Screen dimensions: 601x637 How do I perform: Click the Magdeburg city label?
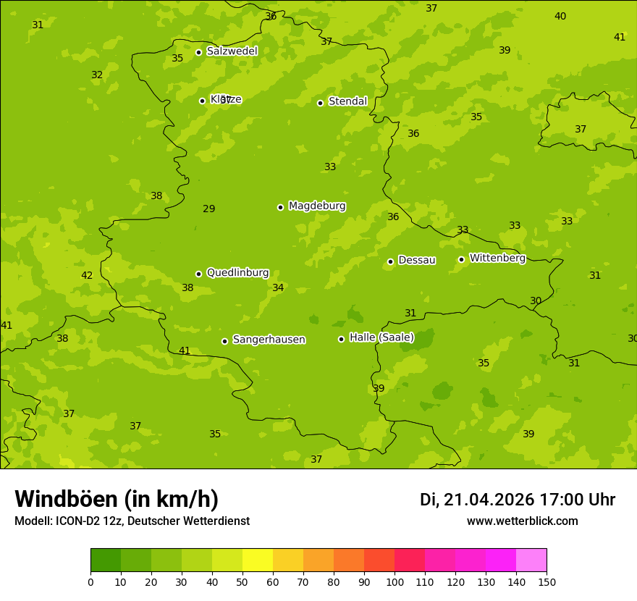317,206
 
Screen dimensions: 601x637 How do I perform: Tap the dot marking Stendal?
320,103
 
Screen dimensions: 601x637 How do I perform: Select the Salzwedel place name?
232,51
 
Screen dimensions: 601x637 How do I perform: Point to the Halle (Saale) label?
381,337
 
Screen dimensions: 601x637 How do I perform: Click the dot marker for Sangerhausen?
224,341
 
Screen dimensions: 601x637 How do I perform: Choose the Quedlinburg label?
237,273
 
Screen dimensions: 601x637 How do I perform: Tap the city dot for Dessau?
390,261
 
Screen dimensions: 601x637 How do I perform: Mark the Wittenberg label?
497,259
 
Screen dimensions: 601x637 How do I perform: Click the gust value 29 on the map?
208,209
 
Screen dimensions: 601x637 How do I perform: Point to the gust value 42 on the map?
87,276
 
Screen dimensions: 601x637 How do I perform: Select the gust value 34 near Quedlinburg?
278,288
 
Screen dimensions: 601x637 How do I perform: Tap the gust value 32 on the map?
97,75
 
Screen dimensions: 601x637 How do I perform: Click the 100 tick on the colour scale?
395,581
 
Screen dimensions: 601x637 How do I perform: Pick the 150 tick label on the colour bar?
547,581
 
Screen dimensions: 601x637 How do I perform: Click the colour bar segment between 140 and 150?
531,560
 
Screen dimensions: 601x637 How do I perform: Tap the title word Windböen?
66,499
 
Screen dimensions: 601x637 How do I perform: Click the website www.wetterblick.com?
522,521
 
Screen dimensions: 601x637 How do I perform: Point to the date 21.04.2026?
489,500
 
